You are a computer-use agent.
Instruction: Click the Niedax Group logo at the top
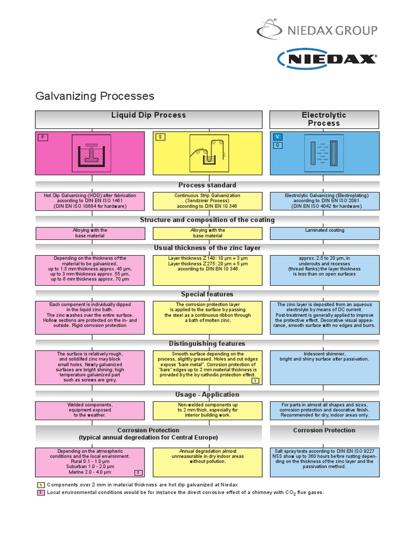[317, 30]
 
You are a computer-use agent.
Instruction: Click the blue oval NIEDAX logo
[327, 59]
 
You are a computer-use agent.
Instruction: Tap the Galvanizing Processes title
[95, 96]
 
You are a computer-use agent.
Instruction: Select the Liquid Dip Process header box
[148, 119]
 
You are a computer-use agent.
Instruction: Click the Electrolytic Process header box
[324, 119]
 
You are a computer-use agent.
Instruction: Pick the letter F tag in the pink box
[42, 137]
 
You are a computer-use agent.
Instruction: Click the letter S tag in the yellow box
[159, 137]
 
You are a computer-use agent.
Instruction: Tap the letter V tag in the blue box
[277, 136]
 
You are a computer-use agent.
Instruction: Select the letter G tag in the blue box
[277, 145]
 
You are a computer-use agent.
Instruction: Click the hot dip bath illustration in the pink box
[91, 153]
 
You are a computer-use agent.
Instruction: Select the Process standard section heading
[207, 185]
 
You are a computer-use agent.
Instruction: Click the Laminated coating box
[324, 233]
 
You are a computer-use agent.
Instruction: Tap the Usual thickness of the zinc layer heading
[207, 248]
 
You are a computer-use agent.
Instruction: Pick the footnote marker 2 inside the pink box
[138, 473]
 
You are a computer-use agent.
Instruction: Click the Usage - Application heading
[207, 395]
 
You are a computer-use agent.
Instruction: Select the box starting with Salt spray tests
[324, 462]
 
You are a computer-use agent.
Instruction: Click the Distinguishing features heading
[207, 344]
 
